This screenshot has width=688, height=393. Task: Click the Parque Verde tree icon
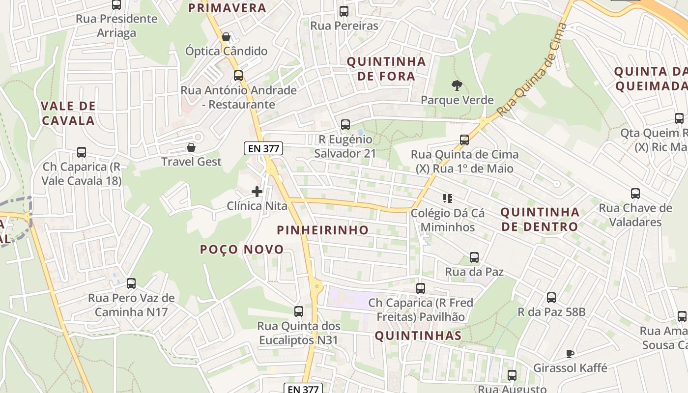pos(457,85)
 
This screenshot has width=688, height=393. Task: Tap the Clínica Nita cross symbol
pos(257,192)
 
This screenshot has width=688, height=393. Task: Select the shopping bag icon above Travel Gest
pos(191,147)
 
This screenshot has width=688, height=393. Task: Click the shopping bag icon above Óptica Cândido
pos(226,37)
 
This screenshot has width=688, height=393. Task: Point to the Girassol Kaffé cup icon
pos(570,354)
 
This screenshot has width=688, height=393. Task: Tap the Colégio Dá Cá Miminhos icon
pos(447,198)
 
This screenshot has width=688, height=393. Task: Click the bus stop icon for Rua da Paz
pos(474,257)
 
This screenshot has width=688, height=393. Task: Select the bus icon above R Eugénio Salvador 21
pos(345,125)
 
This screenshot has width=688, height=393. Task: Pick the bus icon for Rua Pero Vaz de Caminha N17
pos(131,283)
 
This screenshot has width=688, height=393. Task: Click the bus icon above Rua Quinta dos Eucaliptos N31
pos(299,311)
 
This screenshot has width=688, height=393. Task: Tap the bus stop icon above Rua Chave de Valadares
pos(635,194)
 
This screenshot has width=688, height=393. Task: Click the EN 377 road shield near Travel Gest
pos(263,148)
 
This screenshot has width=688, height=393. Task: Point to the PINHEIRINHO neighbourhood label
pos(322,230)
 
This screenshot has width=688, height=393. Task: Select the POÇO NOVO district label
pos(242,250)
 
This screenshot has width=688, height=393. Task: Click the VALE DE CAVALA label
pos(68,113)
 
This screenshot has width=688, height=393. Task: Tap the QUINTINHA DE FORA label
pos(386,69)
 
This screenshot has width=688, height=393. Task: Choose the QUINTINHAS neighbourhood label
pos(418,336)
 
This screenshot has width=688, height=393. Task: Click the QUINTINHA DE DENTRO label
pos(540,219)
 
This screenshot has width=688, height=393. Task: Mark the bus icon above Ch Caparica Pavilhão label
pos(421,288)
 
